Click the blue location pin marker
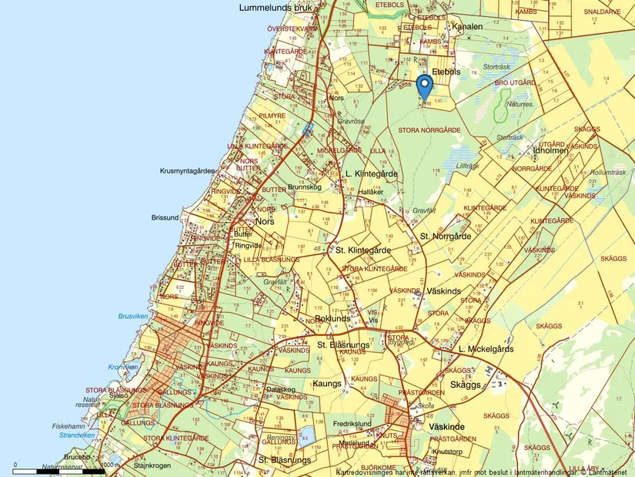coord(423,87)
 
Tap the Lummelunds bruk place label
coord(276,8)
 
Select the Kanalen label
coord(467,26)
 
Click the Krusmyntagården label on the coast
coord(186,170)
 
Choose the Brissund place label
coord(165,218)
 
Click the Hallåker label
coord(370,191)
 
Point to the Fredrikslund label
coord(353,424)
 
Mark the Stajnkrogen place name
coord(150,465)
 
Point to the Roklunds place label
coord(333,318)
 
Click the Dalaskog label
coord(280,389)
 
